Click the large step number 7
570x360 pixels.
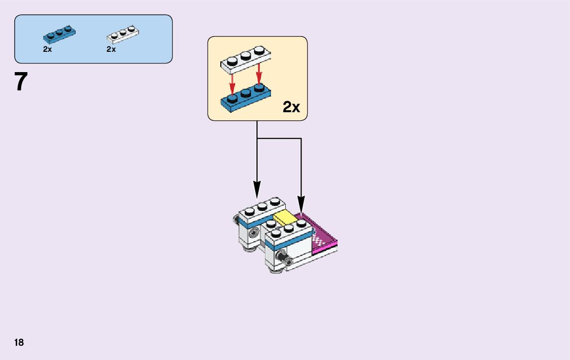pos(21,82)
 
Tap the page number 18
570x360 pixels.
pos(19,342)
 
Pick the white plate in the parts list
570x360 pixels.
pos(123,34)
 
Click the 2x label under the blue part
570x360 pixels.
pos(47,50)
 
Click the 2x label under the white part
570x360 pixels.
pos(111,50)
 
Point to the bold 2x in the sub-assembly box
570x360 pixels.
pos(291,107)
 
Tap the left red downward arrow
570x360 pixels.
pos(232,82)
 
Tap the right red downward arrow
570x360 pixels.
pos(259,75)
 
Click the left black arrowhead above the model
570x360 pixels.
pos(257,190)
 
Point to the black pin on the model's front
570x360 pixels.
pos(288,260)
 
